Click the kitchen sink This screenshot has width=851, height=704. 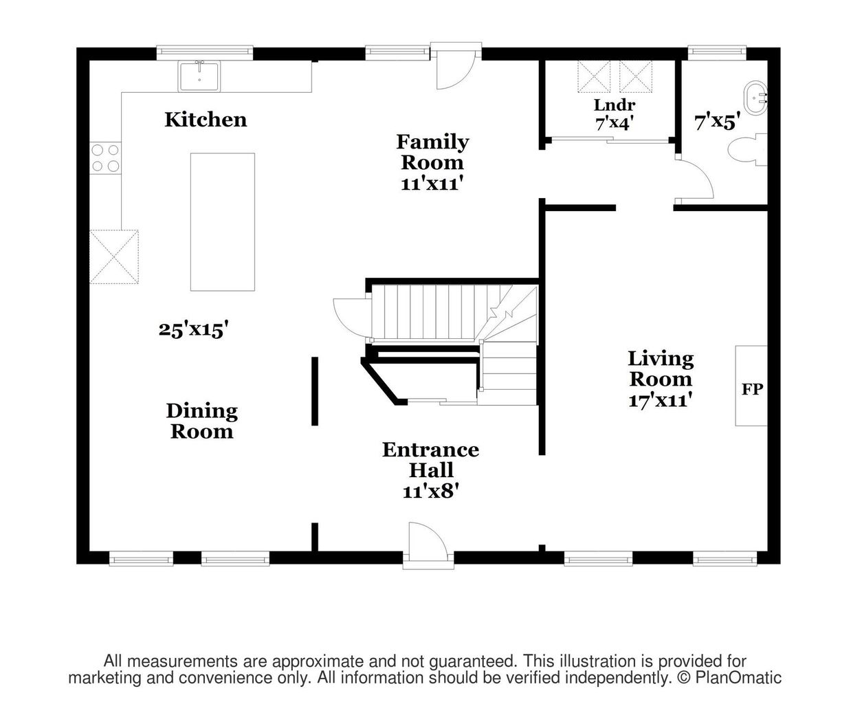199,76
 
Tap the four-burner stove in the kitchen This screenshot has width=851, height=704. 106,159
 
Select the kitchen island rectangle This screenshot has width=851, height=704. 223,222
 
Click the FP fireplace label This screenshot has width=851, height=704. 752,389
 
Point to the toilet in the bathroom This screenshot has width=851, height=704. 747,150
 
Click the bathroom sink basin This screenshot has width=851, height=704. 756,98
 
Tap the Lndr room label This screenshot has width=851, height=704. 615,105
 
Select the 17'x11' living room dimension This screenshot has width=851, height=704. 661,400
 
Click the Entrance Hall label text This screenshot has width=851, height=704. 431,460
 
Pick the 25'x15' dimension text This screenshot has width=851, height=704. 193,329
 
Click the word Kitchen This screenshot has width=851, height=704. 206,120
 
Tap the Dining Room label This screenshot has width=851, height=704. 202,421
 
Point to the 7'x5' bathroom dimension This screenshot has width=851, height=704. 718,122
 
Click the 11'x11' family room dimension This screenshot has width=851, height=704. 432,184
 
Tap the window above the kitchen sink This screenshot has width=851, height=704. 205,52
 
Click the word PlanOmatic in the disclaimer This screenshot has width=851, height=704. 738,678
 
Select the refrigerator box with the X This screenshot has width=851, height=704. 114,257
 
